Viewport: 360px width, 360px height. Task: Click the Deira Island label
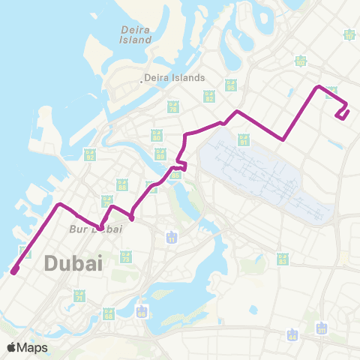136,34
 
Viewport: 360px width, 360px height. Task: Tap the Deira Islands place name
173,77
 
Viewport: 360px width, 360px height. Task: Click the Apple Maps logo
27,347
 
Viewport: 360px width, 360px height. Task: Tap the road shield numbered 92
90,155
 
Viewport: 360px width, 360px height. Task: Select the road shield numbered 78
173,107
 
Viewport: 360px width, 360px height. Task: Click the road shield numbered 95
230,85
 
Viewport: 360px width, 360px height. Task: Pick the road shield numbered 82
208,96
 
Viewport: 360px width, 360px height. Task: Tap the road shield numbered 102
301,61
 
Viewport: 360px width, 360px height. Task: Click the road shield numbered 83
283,259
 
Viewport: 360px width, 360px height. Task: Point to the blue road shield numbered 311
322,328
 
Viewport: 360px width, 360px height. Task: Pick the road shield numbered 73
126,257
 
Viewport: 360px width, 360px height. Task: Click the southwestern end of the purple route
13,271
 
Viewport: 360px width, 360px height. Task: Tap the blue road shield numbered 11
172,238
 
